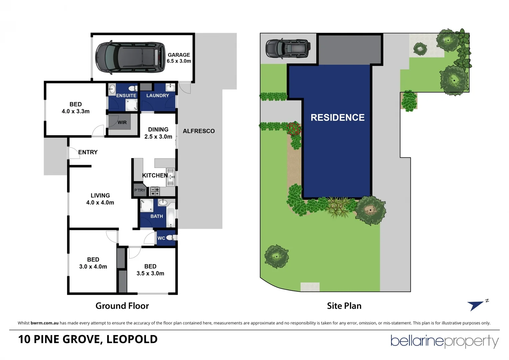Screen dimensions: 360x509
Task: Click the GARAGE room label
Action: (179, 58)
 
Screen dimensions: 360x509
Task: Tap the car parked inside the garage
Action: (130, 57)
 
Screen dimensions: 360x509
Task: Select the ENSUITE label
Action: (126, 96)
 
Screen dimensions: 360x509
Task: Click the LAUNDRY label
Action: (158, 96)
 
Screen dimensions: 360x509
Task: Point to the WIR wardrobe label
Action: (122, 123)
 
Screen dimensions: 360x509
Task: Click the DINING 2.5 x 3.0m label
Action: (158, 133)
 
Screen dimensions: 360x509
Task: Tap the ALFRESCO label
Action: (199, 131)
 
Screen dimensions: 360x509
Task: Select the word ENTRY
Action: (88, 152)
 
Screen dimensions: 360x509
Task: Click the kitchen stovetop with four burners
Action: (155, 191)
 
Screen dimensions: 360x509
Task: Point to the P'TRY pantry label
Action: (140, 190)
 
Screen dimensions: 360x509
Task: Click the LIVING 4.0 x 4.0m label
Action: (100, 199)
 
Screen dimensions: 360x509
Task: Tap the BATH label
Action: (157, 216)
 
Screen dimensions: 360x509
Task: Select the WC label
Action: (161, 238)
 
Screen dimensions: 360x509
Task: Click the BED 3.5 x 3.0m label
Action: (150, 270)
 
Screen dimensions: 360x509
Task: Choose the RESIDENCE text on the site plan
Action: (337, 118)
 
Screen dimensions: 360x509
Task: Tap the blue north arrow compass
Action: (476, 305)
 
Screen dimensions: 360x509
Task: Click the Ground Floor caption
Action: (122, 306)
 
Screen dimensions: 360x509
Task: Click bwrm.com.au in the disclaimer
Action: (44, 323)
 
